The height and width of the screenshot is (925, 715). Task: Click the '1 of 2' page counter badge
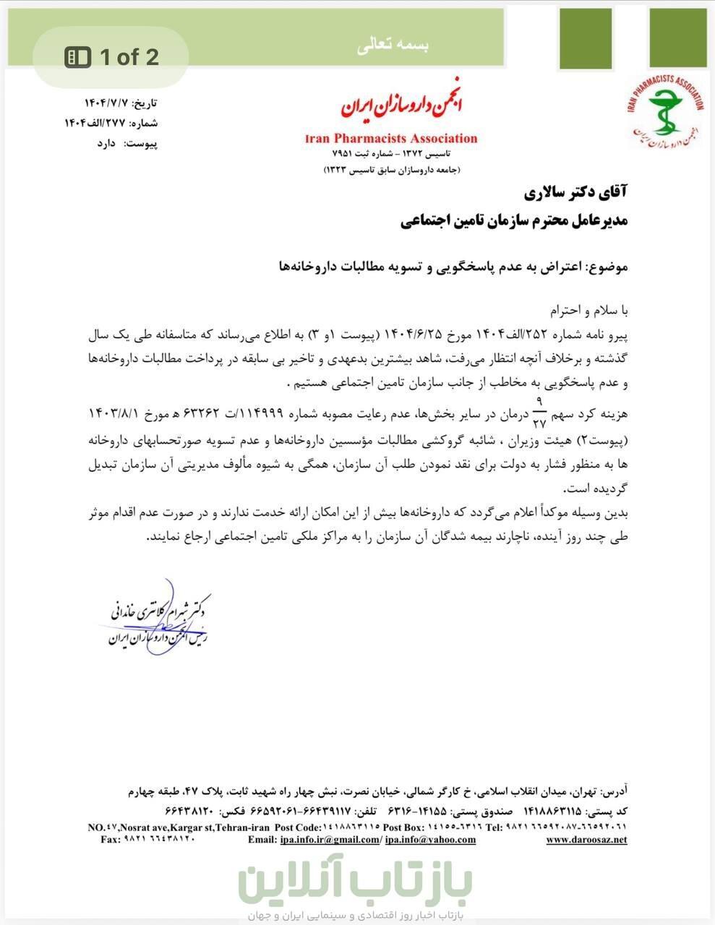coord(113,57)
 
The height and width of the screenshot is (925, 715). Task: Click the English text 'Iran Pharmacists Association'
coord(391,138)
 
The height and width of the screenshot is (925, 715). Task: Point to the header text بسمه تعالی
coord(393,45)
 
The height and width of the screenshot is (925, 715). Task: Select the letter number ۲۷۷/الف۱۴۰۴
coord(95,123)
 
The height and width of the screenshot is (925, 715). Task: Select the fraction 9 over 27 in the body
coord(539,410)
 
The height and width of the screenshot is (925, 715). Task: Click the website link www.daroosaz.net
coord(586,840)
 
